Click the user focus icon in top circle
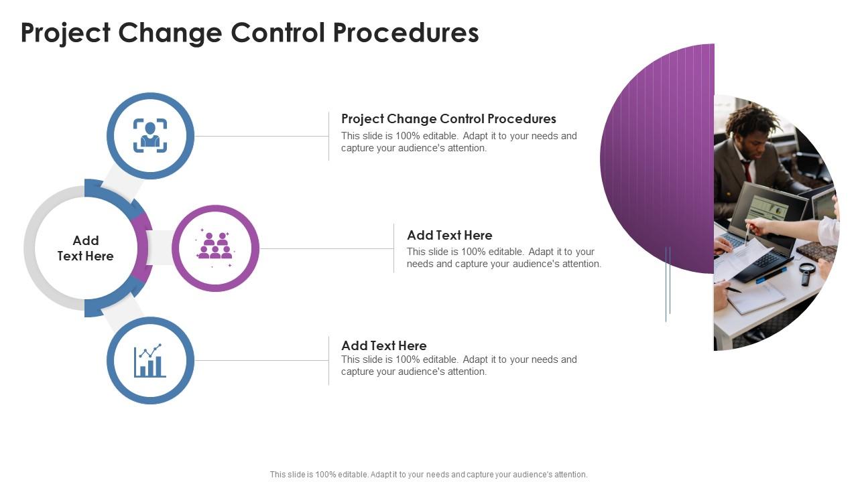[x=150, y=135]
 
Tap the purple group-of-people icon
[x=215, y=247]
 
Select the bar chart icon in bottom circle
[x=150, y=361]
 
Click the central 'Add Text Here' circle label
[x=86, y=248]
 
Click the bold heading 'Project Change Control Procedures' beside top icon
[x=448, y=118]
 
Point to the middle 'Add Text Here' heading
[x=449, y=235]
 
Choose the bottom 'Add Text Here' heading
[x=383, y=345]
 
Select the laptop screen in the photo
[x=768, y=210]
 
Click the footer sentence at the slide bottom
[x=428, y=474]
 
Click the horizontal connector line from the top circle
[x=261, y=136]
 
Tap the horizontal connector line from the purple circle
[x=326, y=248]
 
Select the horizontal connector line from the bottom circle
[x=261, y=360]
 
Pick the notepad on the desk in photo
[x=756, y=298]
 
